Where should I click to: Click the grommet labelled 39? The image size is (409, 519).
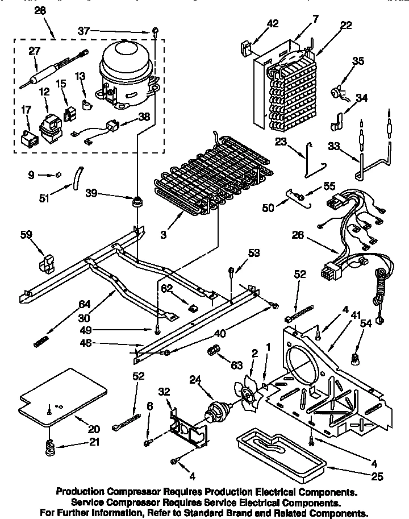tap(136, 201)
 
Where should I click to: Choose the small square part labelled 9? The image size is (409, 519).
tap(59, 176)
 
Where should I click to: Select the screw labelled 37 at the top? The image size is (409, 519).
tap(154, 31)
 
